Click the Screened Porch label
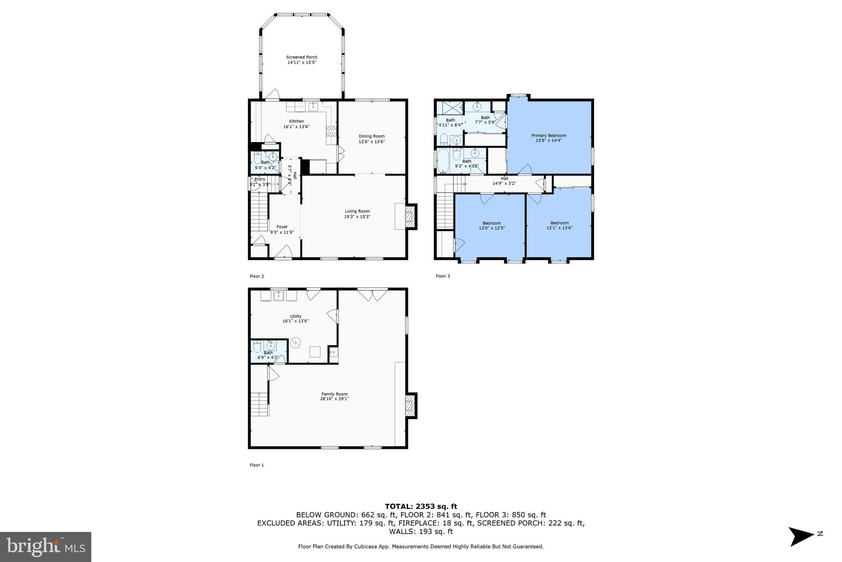[302, 57]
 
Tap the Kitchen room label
[296, 121]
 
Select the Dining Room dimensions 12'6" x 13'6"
[372, 142]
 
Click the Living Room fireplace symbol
[410, 217]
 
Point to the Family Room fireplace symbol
[410, 406]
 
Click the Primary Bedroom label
[548, 135]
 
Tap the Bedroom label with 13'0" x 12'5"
[492, 223]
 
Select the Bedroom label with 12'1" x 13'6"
[560, 223]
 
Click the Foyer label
[282, 227]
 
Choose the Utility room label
[295, 316]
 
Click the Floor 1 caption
[257, 465]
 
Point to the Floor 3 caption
[443, 276]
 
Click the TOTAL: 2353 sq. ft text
[421, 506]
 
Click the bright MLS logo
[46, 547]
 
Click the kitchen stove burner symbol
[331, 131]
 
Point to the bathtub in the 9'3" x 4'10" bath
[444, 161]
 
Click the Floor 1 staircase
[259, 404]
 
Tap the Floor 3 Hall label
[504, 178]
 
